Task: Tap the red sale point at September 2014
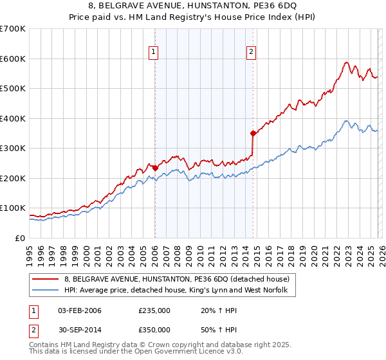click(x=253, y=133)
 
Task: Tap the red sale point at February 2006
click(x=155, y=168)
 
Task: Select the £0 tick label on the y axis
click(x=21, y=238)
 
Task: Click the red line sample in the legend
click(x=45, y=279)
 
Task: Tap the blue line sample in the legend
click(x=45, y=291)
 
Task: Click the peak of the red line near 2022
click(x=346, y=62)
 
